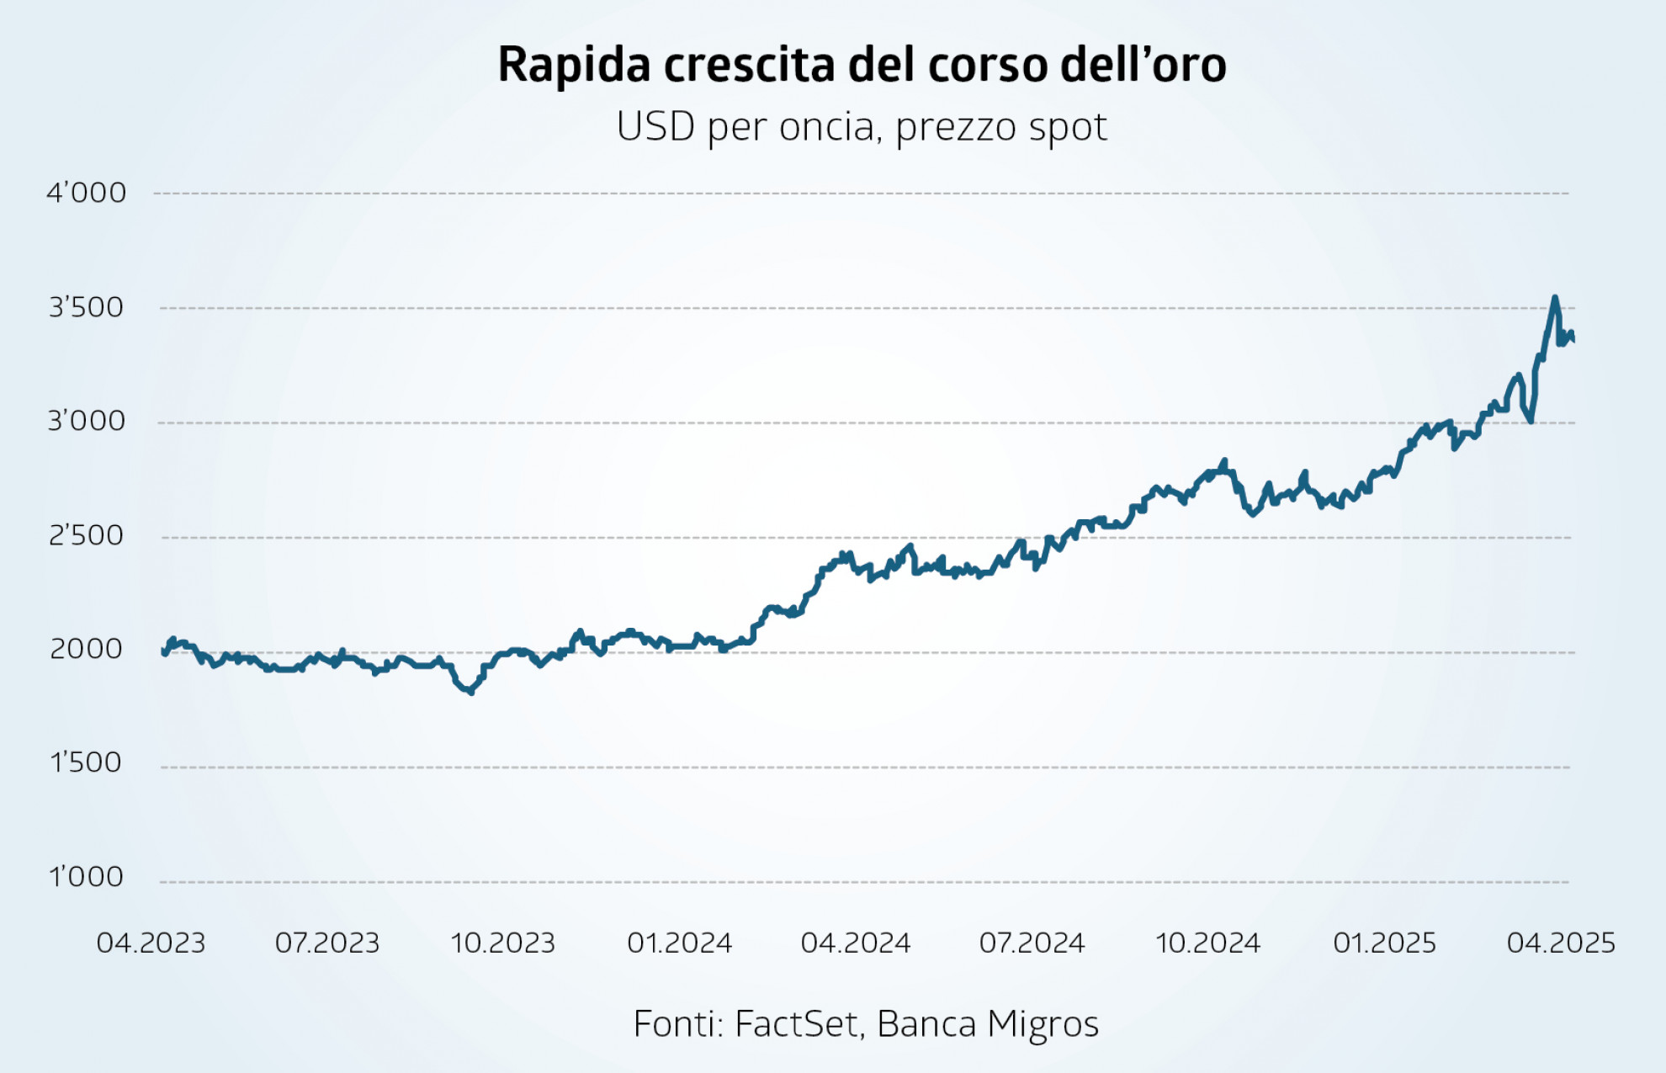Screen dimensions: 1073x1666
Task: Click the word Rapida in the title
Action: [574, 65]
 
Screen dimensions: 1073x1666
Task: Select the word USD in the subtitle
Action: [655, 128]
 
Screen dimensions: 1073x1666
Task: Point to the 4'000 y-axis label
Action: [86, 193]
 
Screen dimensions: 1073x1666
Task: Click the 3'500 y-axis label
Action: [86, 307]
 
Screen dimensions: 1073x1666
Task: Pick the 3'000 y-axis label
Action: [86, 421]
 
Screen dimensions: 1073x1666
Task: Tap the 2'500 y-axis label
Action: [86, 535]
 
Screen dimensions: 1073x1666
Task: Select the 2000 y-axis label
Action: [86, 649]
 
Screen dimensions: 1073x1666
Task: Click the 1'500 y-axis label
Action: [86, 762]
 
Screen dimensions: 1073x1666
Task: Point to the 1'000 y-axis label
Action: [86, 877]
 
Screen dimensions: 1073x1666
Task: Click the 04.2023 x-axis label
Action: [151, 943]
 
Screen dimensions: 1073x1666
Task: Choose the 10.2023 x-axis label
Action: [503, 943]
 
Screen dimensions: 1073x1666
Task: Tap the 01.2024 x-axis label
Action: [680, 943]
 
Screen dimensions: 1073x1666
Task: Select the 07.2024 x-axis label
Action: [1032, 943]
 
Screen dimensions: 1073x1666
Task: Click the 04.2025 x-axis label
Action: [1561, 943]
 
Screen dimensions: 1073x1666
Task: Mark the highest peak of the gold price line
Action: [1554, 297]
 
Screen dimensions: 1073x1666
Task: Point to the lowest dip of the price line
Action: [471, 693]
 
